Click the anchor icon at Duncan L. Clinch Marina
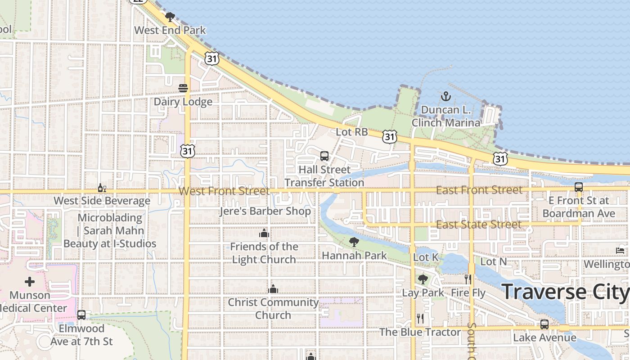click(445, 96)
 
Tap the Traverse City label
click(565, 292)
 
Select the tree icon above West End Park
click(170, 18)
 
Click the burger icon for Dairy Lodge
click(183, 88)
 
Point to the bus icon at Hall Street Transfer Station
click(324, 156)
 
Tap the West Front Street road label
click(224, 191)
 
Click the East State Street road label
click(479, 224)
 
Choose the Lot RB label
click(352, 132)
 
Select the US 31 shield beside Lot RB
click(390, 136)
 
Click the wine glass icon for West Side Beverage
click(102, 188)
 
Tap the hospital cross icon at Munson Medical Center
click(30, 282)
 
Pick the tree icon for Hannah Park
click(354, 242)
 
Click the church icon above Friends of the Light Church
click(264, 233)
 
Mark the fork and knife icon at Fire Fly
click(468, 279)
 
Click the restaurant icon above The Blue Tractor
click(420, 319)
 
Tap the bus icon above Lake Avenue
click(544, 324)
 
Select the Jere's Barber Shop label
click(265, 211)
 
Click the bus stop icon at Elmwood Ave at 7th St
click(81, 315)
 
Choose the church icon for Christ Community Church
click(273, 289)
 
